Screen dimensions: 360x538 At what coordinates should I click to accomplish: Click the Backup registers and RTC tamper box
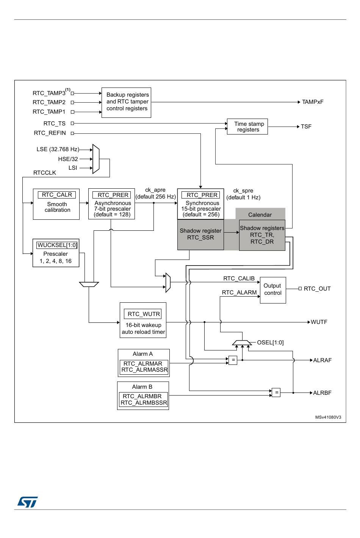coord(126,103)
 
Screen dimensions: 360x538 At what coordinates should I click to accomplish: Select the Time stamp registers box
coord(247,127)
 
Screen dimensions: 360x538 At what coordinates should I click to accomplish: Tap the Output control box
coord(273,290)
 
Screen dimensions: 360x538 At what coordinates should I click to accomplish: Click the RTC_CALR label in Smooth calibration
coord(57,195)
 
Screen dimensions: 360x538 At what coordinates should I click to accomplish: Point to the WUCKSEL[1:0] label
coord(57,245)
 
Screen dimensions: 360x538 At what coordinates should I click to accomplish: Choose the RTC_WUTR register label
coord(143,314)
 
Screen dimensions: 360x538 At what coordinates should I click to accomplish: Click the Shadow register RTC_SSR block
coord(200,235)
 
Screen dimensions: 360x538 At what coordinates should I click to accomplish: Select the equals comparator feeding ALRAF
coord(233,360)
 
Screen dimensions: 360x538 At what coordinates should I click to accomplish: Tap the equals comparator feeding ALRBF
coord(276,393)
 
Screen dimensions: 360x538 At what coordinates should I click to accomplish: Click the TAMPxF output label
coord(313,102)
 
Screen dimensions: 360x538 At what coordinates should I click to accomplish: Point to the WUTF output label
coord(319,322)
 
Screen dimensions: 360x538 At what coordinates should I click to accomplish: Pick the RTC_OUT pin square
coord(300,289)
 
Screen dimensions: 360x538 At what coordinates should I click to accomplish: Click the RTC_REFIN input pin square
coord(72,133)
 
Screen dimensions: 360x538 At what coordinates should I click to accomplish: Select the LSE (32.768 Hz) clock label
coord(58,149)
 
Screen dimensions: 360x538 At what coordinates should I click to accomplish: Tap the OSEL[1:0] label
coord(271,343)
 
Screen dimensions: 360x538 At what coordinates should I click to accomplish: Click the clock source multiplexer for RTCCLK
coord(96,159)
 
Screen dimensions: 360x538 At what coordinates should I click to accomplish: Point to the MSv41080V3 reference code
coord(328,417)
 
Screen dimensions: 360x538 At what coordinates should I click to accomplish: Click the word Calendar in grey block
coord(260,215)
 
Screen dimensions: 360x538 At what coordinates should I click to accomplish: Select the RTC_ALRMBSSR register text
coord(144,403)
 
